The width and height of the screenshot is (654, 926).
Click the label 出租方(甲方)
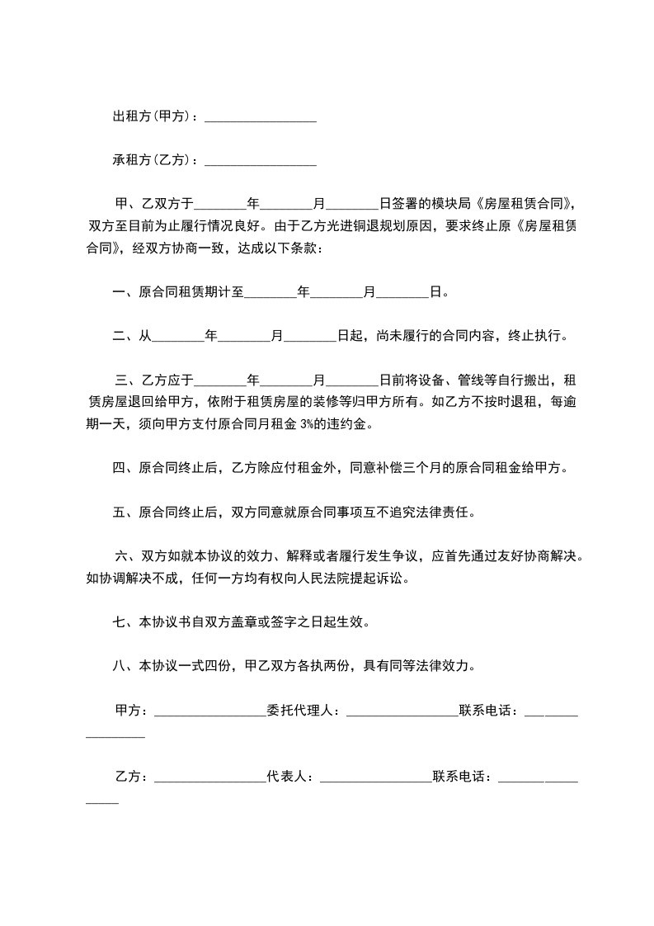click(151, 117)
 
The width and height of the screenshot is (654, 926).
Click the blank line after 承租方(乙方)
click(260, 161)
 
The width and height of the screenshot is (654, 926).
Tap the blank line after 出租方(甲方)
click(260, 117)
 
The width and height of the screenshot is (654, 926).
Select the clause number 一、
click(125, 292)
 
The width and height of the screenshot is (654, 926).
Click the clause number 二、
click(125, 336)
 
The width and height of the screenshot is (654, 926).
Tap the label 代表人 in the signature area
click(287, 777)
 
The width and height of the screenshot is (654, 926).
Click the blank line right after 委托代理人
click(402, 711)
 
